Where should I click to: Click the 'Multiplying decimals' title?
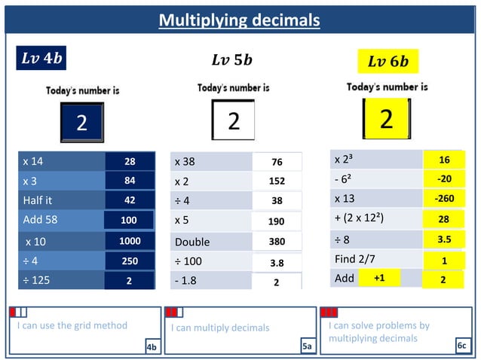tap(240, 20)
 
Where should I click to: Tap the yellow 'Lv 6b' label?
tap(388, 61)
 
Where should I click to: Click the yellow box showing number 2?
tap(386, 119)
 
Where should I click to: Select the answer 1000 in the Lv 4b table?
tap(130, 241)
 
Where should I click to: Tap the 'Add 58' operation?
tap(41, 220)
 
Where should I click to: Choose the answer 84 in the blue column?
tap(130, 181)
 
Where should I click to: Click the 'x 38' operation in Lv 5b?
tap(185, 162)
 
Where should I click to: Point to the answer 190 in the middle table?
tap(276, 223)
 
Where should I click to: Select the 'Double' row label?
tap(192, 243)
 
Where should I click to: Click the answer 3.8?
tap(276, 264)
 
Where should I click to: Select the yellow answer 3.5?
tap(444, 239)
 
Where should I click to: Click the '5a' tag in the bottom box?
tap(306, 346)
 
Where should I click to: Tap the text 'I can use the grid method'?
tap(72, 325)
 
